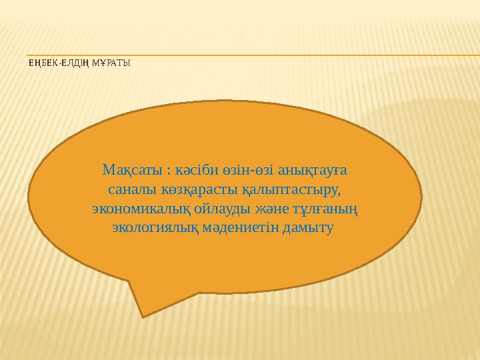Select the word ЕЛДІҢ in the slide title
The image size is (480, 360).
pos(73,64)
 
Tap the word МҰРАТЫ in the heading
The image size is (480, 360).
pos(110,64)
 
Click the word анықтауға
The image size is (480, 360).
pos(309,171)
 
